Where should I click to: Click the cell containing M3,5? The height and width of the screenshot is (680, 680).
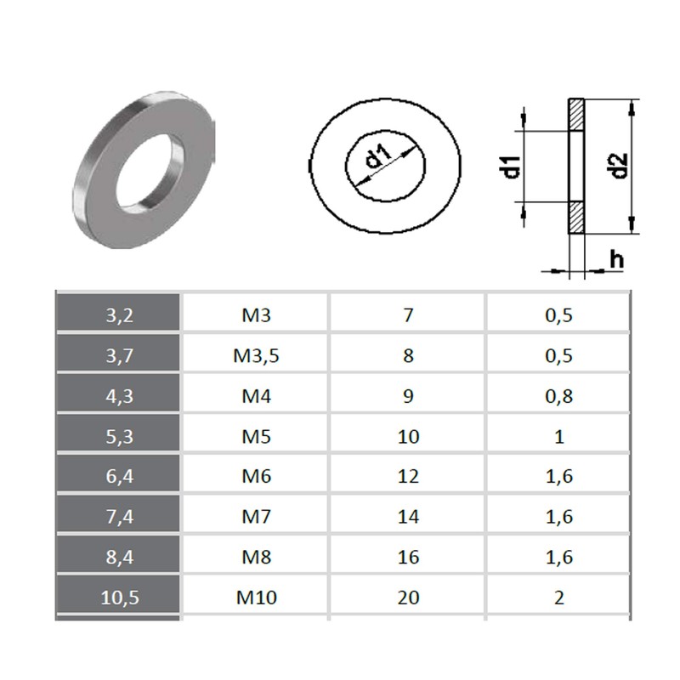pos(255,355)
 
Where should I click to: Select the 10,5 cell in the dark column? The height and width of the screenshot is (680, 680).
pos(118,598)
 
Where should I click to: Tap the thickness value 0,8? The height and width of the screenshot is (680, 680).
pos(558,396)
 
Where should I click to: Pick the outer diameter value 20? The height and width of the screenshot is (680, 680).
pos(408,598)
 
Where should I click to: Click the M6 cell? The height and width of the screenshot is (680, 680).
pos(255,477)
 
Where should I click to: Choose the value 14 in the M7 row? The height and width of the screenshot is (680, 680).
pos(408,517)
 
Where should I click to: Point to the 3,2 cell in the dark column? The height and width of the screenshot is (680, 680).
pos(118,315)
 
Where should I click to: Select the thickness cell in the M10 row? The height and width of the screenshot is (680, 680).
pos(558,598)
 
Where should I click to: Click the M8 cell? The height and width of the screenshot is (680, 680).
pos(255,558)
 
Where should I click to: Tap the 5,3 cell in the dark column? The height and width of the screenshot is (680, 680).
pos(118,437)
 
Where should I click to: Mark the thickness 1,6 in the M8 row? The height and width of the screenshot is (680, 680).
pos(558,558)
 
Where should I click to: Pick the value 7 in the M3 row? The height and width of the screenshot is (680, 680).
pos(408,315)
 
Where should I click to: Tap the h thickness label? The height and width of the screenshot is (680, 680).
pos(616,258)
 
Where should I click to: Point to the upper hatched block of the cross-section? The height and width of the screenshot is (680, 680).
pos(575,114)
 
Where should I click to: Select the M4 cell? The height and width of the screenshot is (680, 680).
pos(255,396)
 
